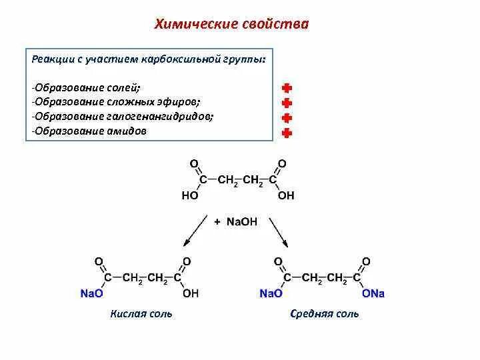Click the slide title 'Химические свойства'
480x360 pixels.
(x=232, y=25)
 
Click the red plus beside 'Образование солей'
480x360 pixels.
(x=287, y=88)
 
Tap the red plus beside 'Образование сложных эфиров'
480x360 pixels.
(x=287, y=103)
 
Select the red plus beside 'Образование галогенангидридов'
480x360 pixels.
(x=287, y=118)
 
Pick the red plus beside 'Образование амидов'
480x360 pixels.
(x=287, y=133)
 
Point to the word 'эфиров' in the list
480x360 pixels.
(x=184, y=101)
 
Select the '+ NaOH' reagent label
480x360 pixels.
(x=237, y=221)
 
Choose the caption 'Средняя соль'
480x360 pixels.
(x=325, y=313)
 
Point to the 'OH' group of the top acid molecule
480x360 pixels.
(x=285, y=196)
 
